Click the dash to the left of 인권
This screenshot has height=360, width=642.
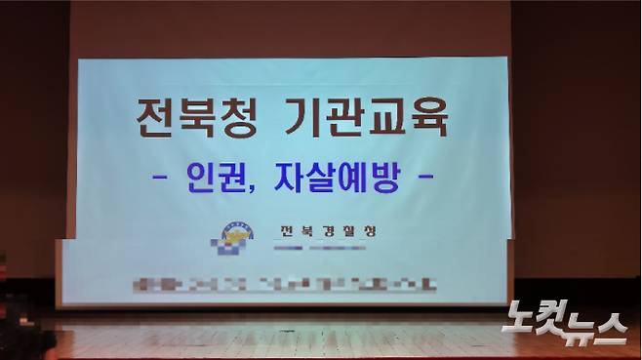(x=164, y=180)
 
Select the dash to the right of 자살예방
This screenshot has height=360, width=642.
(x=424, y=180)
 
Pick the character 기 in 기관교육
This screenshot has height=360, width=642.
(x=291, y=121)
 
